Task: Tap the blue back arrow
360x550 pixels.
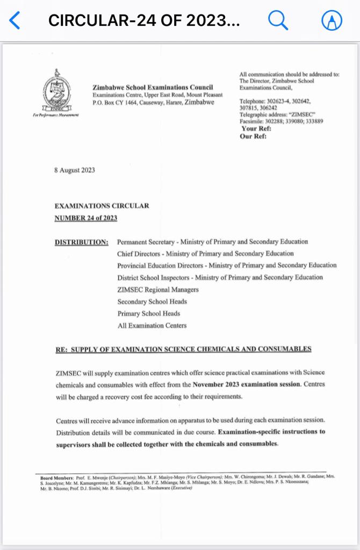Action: (15, 21)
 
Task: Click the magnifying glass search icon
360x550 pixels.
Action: (278, 21)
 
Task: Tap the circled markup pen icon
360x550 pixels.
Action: (332, 21)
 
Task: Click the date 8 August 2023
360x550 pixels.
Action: (75, 170)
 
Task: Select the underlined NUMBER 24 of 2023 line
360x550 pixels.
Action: (86, 218)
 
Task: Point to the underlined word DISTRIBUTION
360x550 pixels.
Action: (82, 242)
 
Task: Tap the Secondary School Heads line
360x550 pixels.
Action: (152, 301)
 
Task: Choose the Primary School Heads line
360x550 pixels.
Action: (149, 313)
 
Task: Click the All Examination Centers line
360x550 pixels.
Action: (152, 325)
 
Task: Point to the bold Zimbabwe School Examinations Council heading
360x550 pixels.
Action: (153, 88)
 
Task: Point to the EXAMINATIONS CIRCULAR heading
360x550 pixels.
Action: (102, 206)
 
